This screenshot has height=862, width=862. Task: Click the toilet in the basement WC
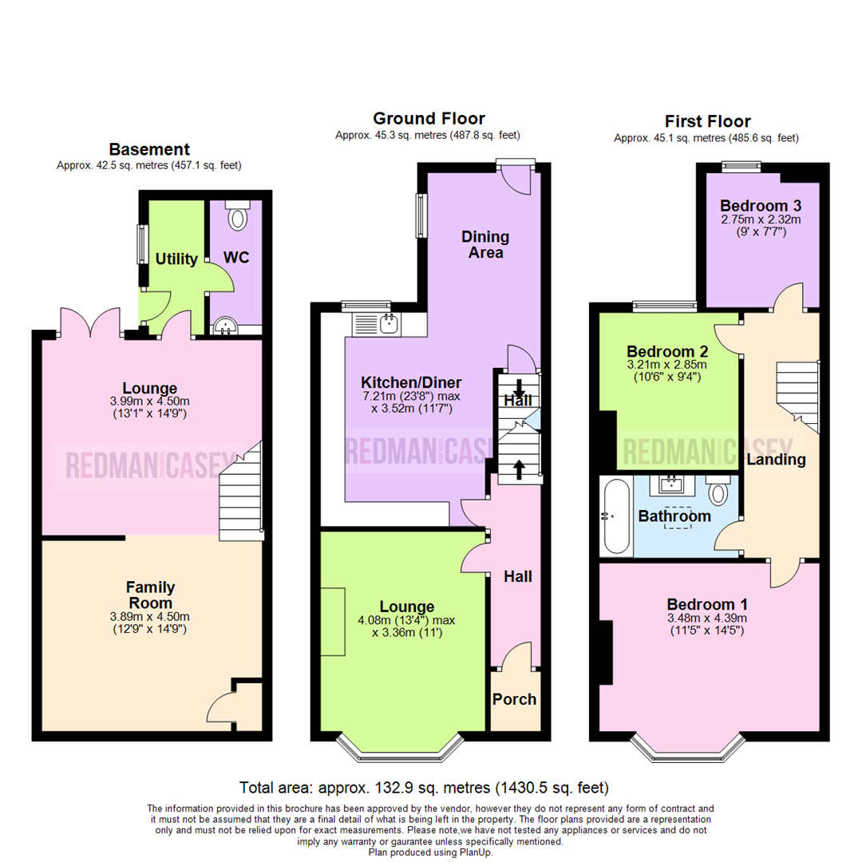238,215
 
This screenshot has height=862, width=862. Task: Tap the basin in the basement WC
225,326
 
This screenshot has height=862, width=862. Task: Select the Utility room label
176,259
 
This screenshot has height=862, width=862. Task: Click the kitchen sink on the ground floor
377,324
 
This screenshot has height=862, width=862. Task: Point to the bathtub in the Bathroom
616,516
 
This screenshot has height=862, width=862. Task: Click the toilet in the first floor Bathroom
718,490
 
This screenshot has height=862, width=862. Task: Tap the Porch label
514,699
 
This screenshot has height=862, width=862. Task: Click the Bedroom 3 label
761,206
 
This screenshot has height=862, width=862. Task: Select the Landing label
777,460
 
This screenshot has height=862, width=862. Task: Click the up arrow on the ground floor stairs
519,470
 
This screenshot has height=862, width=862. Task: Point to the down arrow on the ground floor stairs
519,388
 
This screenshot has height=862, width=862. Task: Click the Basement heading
149,149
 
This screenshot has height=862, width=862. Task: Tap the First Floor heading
707,121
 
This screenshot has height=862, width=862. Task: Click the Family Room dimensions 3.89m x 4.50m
149,617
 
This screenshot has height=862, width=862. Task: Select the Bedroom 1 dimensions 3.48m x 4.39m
707,618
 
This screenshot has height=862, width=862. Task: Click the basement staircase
241,491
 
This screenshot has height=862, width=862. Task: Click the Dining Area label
485,245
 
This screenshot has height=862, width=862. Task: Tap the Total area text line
424,788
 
